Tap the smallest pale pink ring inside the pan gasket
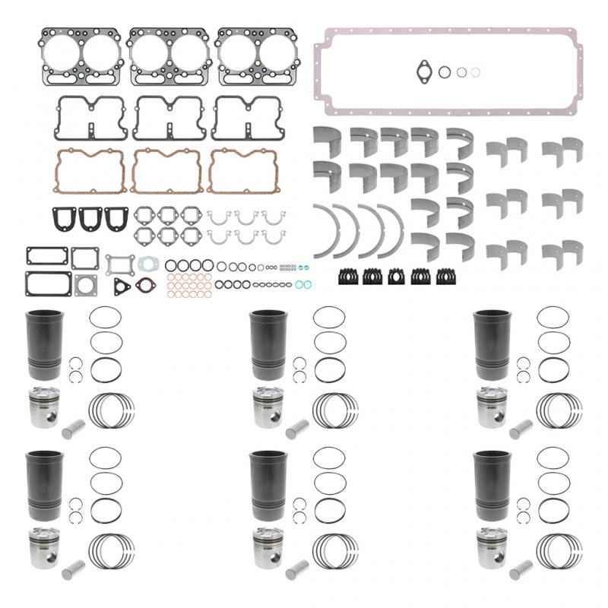click(x=475, y=71)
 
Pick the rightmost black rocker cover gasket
click(x=247, y=119)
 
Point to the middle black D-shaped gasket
click(x=90, y=218)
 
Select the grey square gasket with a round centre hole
click(x=85, y=285)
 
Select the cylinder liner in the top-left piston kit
click(x=44, y=343)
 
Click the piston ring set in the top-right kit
click(x=560, y=410)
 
